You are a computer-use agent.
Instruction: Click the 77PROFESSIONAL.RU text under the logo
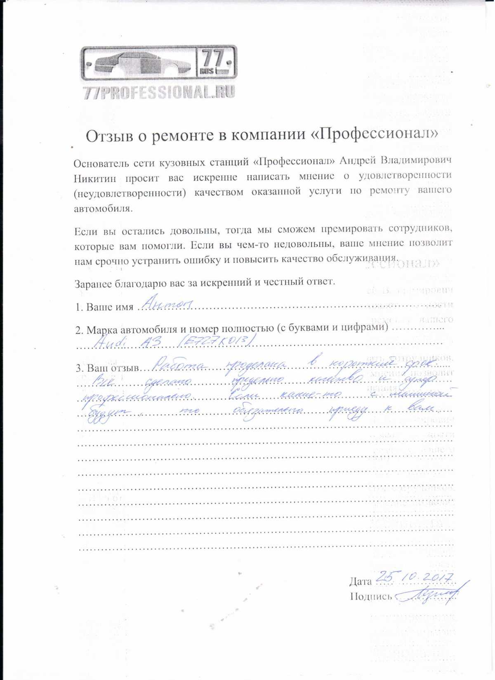coord(159,92)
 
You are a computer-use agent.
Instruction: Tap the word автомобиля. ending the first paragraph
coord(103,209)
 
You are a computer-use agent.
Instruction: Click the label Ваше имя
coord(110,307)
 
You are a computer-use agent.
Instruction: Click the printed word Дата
coord(361,582)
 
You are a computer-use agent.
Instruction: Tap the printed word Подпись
coord(371,596)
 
